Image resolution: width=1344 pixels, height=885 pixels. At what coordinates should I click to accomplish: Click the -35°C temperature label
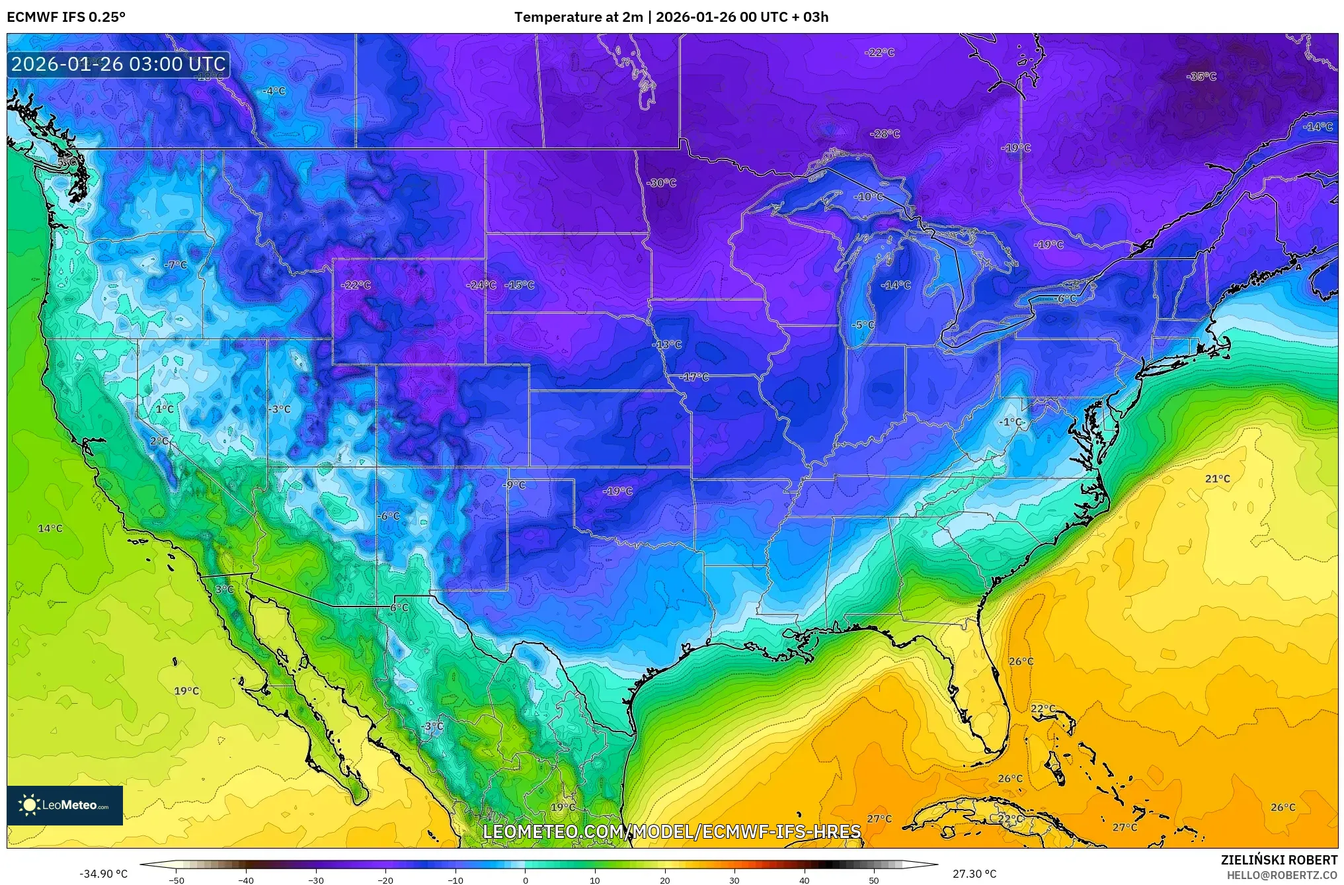(1201, 77)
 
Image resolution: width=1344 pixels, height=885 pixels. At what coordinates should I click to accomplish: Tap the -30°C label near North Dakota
(662, 183)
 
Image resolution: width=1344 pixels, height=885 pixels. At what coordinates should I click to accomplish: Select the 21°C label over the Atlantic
(1217, 479)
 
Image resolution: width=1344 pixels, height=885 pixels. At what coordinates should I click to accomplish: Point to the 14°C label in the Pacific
(50, 528)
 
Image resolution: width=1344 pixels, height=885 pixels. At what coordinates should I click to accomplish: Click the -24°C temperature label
(481, 285)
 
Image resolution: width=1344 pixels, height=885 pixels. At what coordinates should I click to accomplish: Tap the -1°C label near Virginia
(1010, 422)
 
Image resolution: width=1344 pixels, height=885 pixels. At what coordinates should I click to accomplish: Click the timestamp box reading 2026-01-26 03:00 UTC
(118, 64)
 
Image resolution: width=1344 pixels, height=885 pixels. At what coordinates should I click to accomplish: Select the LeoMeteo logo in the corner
(65, 805)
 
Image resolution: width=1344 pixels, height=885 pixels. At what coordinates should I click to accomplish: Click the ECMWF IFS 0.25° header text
(65, 17)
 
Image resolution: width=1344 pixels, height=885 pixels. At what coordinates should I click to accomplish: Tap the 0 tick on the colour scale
(526, 880)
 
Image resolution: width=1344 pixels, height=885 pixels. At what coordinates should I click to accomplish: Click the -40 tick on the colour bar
(246, 880)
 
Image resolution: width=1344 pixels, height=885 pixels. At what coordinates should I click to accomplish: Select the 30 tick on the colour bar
(734, 880)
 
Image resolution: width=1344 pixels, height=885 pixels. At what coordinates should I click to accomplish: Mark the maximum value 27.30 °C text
(974, 874)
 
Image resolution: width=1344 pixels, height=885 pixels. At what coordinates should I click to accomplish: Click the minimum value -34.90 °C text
(103, 874)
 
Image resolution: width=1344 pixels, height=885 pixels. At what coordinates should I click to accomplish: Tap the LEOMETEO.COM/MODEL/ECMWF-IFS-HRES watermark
(672, 831)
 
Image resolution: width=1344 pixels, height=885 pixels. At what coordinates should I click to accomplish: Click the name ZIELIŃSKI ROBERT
(1279, 860)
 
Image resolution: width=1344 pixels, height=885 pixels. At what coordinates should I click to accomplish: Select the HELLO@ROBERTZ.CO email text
(1282, 875)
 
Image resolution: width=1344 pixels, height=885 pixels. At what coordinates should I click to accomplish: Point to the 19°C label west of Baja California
(186, 691)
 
